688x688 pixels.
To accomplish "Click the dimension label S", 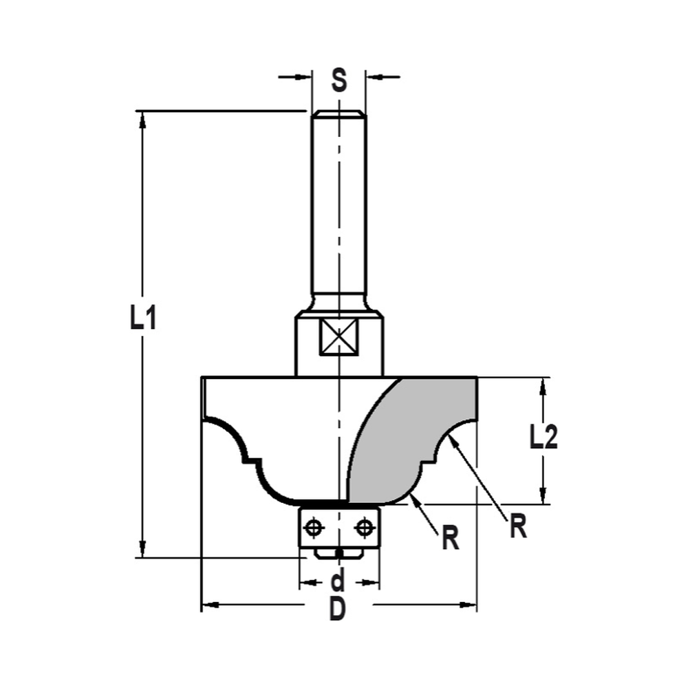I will pos(338,80).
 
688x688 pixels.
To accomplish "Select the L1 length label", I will pos(143,319).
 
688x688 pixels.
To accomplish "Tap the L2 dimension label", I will pos(544,438).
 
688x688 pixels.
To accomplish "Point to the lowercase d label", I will pos(338,582).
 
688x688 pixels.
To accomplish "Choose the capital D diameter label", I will pos(337,609).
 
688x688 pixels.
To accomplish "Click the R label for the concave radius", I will pos(518,527).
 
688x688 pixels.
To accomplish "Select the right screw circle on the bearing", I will pos(363,528).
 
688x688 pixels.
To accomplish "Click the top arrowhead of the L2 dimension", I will pos(544,386).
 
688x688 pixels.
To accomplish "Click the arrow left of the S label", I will pos(303,76).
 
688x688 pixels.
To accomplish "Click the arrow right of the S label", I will pos(375,76).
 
